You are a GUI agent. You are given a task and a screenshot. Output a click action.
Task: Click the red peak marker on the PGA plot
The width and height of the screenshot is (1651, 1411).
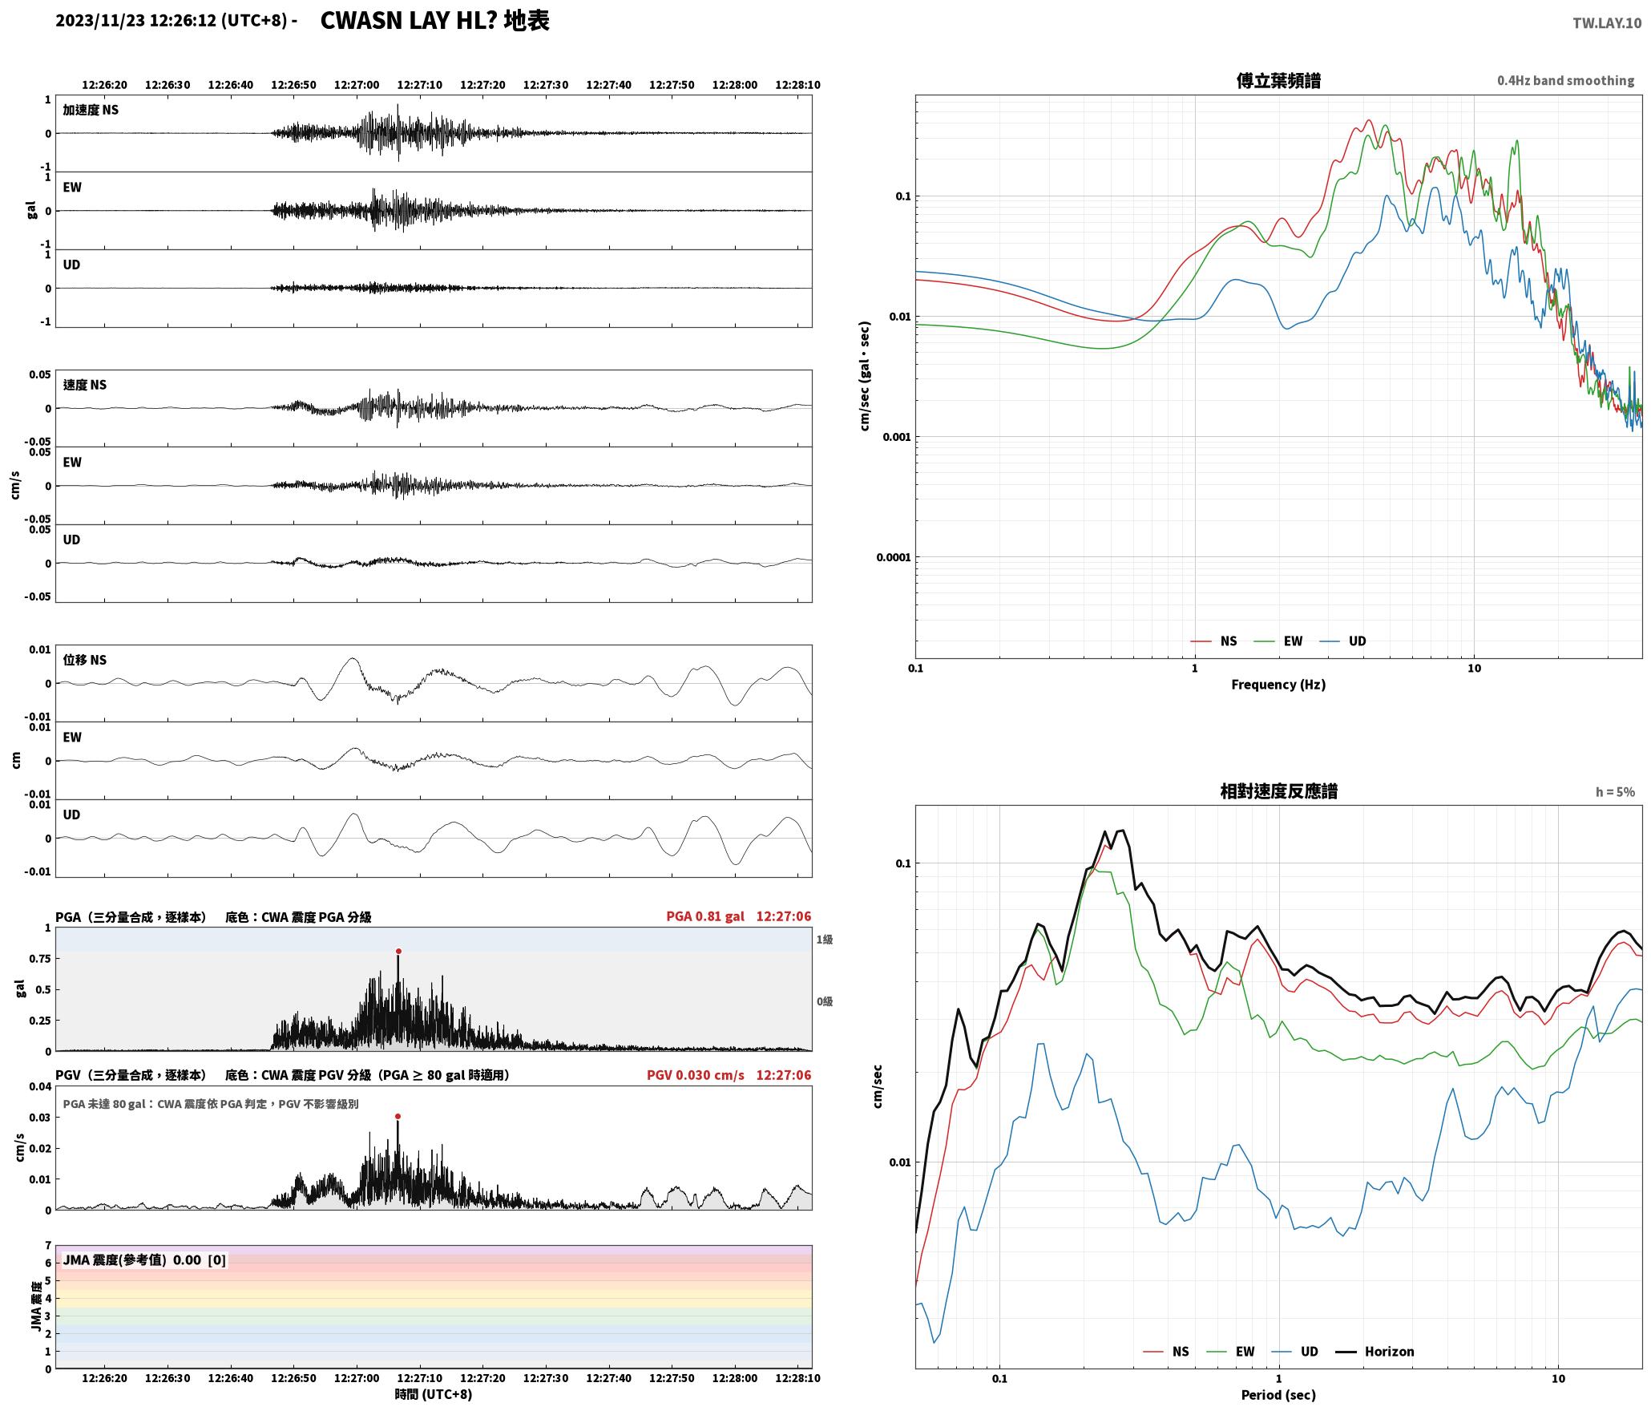point(398,952)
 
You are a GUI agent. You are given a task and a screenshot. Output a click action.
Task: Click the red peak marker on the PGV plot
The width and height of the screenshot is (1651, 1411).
point(398,1116)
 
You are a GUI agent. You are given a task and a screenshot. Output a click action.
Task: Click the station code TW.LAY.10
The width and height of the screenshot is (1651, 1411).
point(1607,23)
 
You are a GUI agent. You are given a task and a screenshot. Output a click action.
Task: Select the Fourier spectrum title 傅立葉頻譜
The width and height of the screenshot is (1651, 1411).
point(1278,80)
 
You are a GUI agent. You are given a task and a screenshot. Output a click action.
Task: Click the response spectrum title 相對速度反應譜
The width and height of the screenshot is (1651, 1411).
point(1278,791)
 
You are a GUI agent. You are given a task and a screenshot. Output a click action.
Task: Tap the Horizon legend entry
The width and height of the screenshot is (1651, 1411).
point(1374,1352)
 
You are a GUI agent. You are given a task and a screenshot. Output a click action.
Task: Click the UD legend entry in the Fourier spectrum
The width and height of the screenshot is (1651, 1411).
point(1343,641)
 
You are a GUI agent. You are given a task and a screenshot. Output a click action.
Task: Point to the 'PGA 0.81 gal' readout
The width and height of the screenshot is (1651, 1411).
point(705,916)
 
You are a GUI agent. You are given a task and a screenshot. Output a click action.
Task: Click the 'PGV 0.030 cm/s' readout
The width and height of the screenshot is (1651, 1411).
point(696,1075)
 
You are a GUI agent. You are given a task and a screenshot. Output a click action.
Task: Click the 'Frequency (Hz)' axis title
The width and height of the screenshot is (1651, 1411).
point(1278,685)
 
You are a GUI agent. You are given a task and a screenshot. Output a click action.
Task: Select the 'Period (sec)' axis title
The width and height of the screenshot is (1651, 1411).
point(1278,1395)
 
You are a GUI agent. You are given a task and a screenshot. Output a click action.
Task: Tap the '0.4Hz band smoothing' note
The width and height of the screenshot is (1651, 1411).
point(1565,80)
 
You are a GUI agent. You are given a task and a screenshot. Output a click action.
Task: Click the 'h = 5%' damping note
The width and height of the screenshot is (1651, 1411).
point(1615,792)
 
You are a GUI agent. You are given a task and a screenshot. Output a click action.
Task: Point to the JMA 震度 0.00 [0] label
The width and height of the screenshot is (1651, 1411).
point(144,1260)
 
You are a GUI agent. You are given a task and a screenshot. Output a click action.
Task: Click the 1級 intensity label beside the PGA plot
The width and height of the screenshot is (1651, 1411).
point(825,940)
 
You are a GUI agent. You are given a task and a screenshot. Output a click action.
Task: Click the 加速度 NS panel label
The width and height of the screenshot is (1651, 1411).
point(91,110)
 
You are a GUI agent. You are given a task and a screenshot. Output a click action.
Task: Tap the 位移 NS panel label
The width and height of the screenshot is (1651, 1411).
point(85,660)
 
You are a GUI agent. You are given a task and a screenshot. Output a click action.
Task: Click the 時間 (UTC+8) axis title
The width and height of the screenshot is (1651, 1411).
point(434,1394)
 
